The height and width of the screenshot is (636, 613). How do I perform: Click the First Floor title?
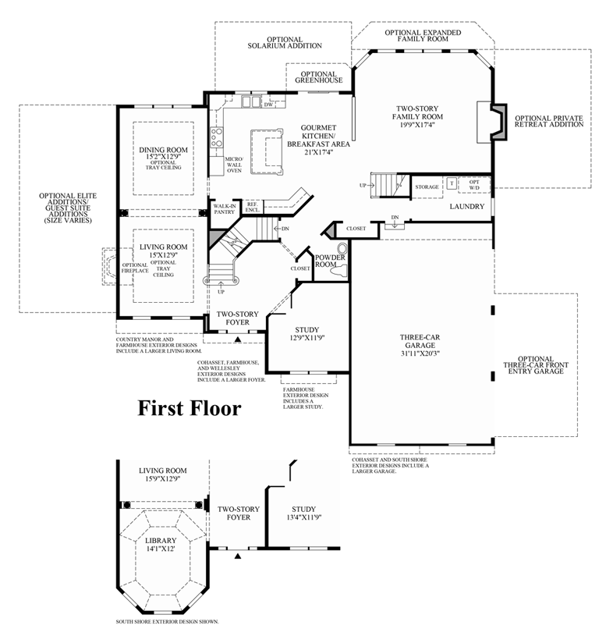190,408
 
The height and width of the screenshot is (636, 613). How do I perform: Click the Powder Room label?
330,261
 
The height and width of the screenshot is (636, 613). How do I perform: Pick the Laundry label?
467,207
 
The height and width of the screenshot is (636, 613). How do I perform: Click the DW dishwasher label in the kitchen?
268,105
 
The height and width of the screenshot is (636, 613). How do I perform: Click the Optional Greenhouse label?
318,76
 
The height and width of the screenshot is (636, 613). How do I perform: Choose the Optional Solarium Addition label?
285,42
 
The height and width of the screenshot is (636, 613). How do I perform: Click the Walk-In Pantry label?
224,208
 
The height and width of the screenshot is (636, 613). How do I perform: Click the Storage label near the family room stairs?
427,187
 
